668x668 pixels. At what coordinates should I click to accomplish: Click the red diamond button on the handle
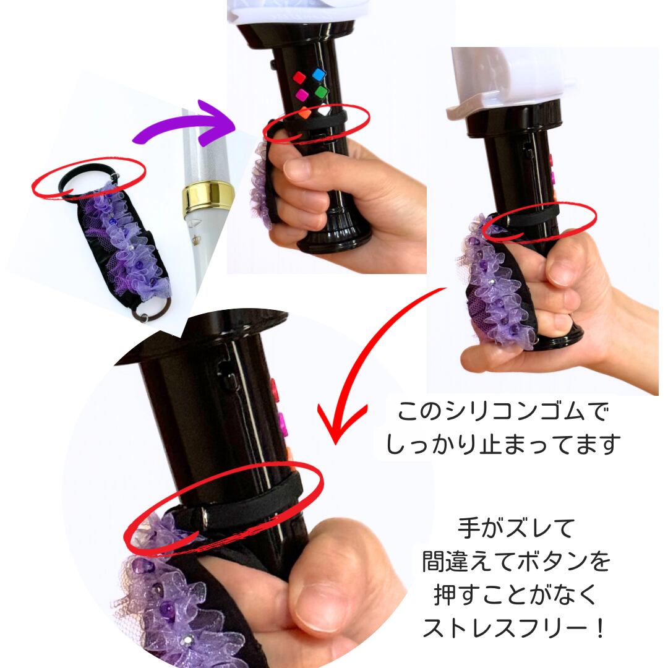pos(299,78)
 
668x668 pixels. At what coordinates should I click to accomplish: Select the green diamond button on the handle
pos(321,91)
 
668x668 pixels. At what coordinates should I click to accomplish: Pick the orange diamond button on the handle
pos(305,113)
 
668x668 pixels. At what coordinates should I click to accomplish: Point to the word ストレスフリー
pos(499,628)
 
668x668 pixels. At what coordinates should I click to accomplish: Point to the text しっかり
pos(431,444)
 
